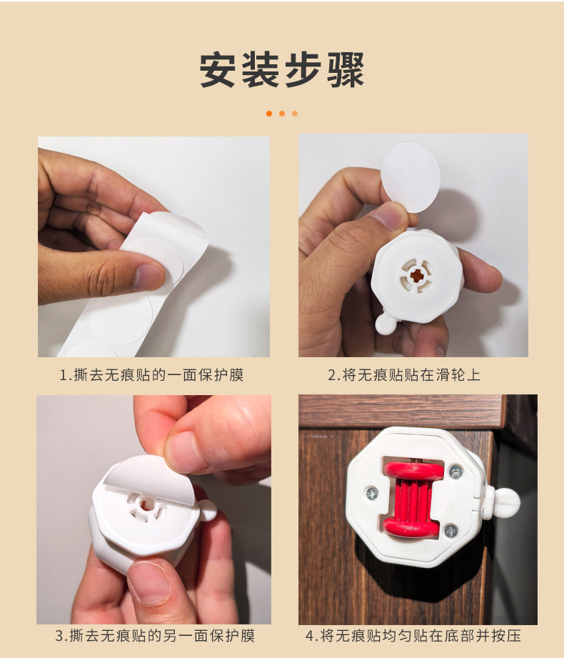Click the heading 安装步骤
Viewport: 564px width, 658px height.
pyautogui.click(x=282, y=70)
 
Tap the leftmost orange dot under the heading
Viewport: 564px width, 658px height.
pyautogui.click(x=269, y=114)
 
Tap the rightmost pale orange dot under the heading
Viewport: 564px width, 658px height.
pyautogui.click(x=295, y=114)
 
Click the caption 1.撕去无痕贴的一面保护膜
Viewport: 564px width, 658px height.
pyautogui.click(x=151, y=375)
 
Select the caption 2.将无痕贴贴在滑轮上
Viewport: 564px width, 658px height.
pyautogui.click(x=404, y=375)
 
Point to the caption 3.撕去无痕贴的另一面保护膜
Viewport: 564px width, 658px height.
pyautogui.click(x=155, y=635)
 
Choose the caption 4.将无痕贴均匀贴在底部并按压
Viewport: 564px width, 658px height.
pyautogui.click(x=413, y=635)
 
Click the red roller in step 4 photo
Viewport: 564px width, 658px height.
pyautogui.click(x=413, y=499)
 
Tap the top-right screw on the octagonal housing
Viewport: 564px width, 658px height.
pyautogui.click(x=455, y=472)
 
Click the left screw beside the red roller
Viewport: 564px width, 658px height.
pyautogui.click(x=371, y=493)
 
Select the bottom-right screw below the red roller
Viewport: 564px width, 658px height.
pyautogui.click(x=450, y=531)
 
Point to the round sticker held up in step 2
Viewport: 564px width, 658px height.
pyautogui.click(x=411, y=176)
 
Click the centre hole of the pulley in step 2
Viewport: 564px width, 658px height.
pyautogui.click(x=417, y=275)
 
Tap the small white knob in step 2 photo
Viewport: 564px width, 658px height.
pyautogui.click(x=386, y=323)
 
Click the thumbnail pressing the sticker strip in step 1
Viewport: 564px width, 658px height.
pyautogui.click(x=148, y=277)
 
